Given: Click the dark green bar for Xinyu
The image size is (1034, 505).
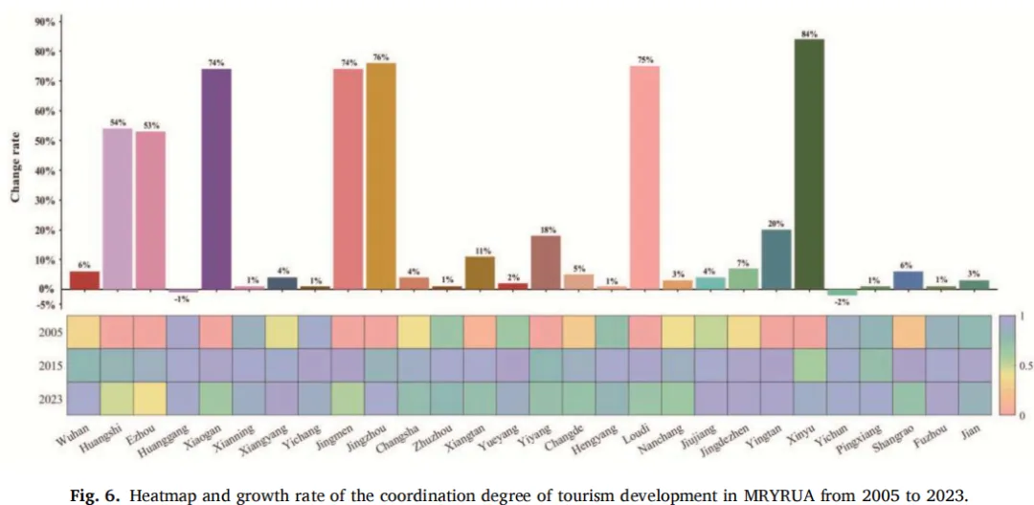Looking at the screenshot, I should [x=809, y=163].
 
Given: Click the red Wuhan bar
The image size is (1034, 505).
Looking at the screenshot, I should [x=84, y=279].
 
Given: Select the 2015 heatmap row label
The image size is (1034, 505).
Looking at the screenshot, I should [x=48, y=365].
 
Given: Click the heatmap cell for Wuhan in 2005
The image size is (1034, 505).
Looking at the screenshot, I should [x=84, y=331].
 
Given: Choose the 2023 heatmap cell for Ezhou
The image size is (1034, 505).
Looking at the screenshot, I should [x=150, y=398].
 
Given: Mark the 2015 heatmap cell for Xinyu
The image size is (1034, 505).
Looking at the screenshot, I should [x=809, y=364].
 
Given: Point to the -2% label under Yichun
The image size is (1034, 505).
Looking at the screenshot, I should [x=842, y=302].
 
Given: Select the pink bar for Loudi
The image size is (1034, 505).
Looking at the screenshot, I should [x=644, y=177].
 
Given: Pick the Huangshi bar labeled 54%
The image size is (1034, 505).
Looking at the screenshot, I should [x=117, y=208].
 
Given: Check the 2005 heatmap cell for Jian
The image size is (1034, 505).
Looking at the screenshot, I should [x=974, y=331].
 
